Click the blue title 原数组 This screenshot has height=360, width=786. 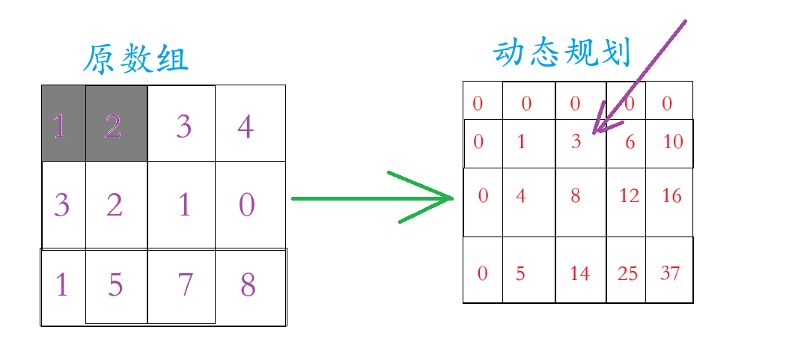pos(135,60)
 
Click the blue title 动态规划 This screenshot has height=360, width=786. pos(562,53)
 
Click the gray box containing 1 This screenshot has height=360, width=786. pos(63,123)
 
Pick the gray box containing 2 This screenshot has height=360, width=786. pos(115,123)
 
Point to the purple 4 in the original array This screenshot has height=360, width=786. pos(246,126)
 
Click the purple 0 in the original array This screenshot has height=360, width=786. pos(247,204)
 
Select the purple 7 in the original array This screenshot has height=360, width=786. pos(184,284)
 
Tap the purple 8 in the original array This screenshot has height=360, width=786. pos(248,284)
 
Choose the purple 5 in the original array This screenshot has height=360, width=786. pos(115,284)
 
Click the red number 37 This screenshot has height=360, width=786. pos(671,274)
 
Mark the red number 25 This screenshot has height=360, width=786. pos(627,274)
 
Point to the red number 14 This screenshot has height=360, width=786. pos(579,274)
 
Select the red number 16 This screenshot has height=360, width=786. pos(671,196)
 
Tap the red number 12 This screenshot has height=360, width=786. pos(629,196)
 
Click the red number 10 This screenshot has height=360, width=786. pos(673,141)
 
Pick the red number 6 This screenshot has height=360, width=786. pos(630,141)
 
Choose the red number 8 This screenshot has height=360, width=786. pos(576,196)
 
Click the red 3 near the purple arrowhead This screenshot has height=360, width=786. pos(576,141)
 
